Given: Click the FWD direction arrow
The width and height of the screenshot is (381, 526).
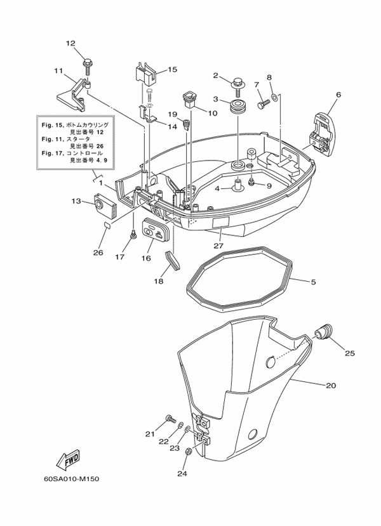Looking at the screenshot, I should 67,458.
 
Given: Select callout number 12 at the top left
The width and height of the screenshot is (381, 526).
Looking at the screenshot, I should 70,43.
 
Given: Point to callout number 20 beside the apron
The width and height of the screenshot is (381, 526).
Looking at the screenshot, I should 330,385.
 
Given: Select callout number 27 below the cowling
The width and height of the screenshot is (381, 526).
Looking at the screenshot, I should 218,246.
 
